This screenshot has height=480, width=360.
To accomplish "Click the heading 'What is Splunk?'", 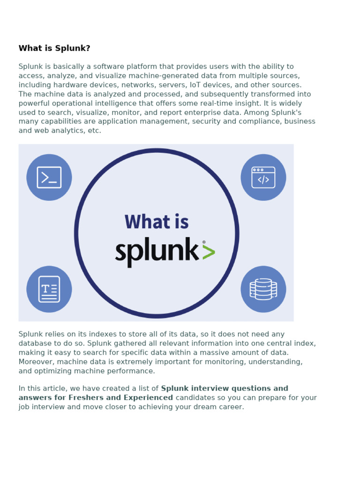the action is point(54,48).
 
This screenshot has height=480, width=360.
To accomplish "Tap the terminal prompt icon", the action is point(49,177).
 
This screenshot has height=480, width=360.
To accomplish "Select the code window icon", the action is point(263,177).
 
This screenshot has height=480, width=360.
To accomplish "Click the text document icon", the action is point(49,289).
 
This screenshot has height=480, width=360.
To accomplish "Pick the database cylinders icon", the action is point(263,289).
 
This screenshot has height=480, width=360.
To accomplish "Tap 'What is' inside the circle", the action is point(157,222).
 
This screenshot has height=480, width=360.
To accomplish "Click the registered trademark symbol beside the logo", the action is point(204,242).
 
